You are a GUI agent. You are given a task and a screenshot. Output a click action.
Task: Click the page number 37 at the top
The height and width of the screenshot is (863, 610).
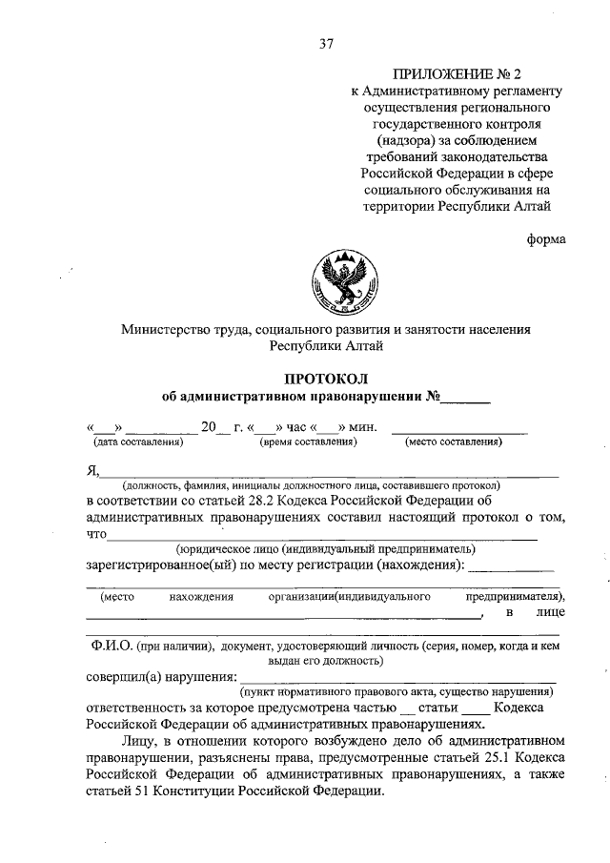[326, 43]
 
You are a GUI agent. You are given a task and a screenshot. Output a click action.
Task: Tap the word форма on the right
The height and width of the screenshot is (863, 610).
[546, 239]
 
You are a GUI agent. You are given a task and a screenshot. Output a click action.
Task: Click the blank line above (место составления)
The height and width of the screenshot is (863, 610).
[459, 430]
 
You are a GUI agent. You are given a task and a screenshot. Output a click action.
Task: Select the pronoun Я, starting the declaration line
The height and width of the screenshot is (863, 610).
[91, 469]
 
